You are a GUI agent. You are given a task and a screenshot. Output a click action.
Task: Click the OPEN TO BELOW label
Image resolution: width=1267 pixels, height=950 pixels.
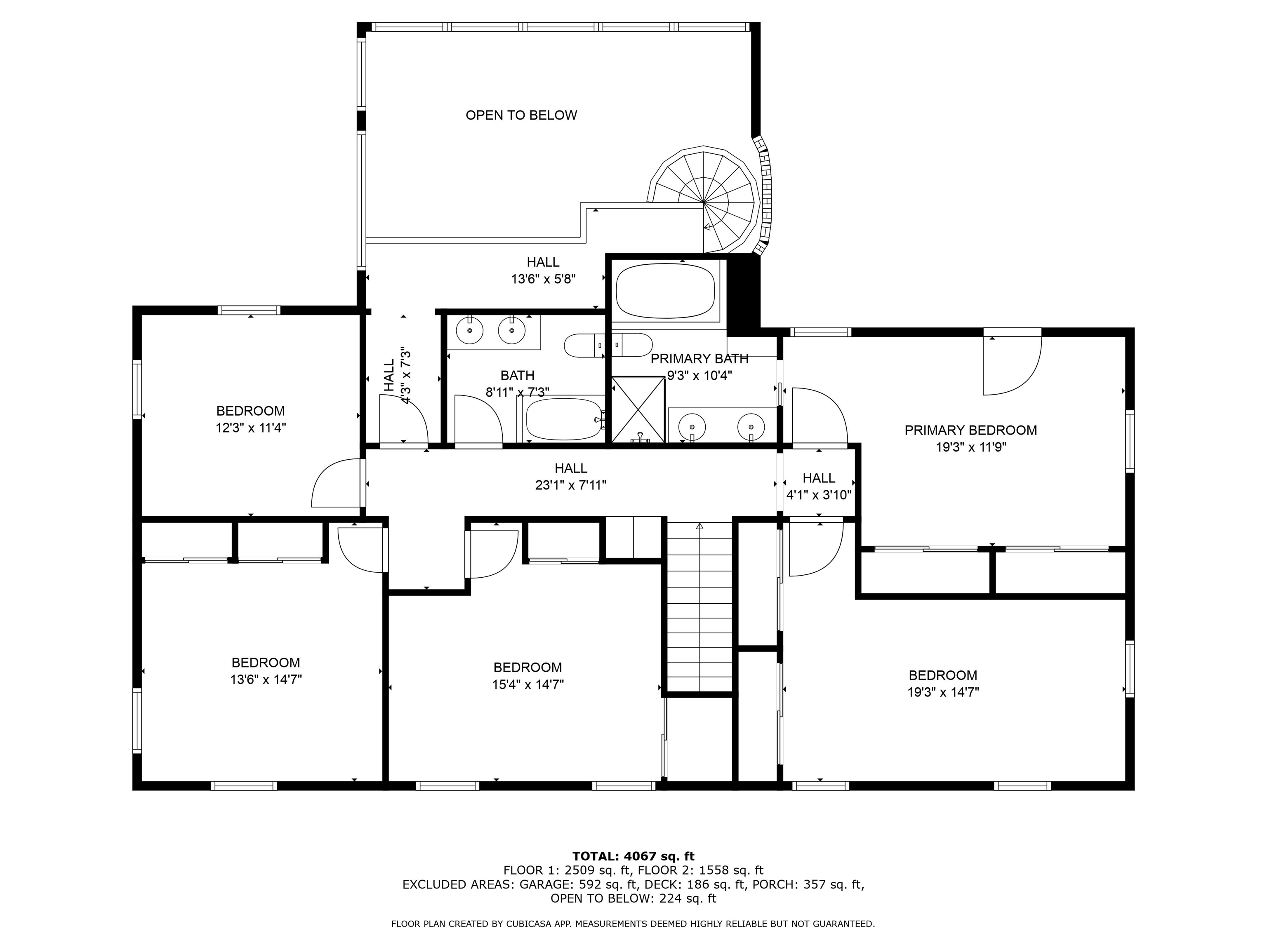tap(521, 115)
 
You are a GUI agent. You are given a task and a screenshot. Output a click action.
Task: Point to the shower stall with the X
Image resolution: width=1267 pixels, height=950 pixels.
tap(638, 409)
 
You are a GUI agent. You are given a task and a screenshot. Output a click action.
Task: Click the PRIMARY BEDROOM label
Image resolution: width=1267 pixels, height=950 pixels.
tap(971, 430)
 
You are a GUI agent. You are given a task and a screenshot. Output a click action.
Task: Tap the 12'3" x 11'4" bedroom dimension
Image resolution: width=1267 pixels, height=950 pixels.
tap(251, 428)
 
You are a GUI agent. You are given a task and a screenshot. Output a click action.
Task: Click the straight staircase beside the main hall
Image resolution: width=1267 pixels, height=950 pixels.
tap(700, 607)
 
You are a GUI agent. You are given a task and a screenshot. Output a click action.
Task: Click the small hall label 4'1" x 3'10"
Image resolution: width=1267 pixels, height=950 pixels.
tap(819, 495)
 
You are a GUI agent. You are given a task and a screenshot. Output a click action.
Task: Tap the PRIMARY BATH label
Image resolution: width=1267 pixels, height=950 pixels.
tap(699, 358)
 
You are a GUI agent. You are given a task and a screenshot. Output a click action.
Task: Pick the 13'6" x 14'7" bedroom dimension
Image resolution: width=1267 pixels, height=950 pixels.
tap(266, 679)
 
